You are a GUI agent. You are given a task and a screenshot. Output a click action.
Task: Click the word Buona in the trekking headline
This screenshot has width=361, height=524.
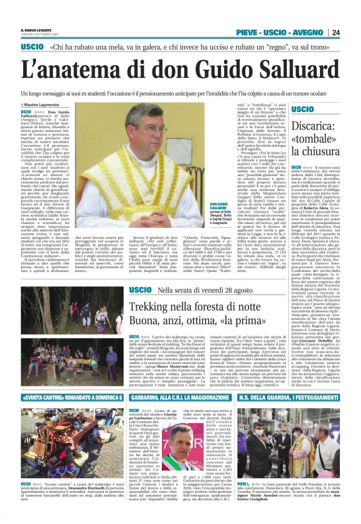(147, 322)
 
